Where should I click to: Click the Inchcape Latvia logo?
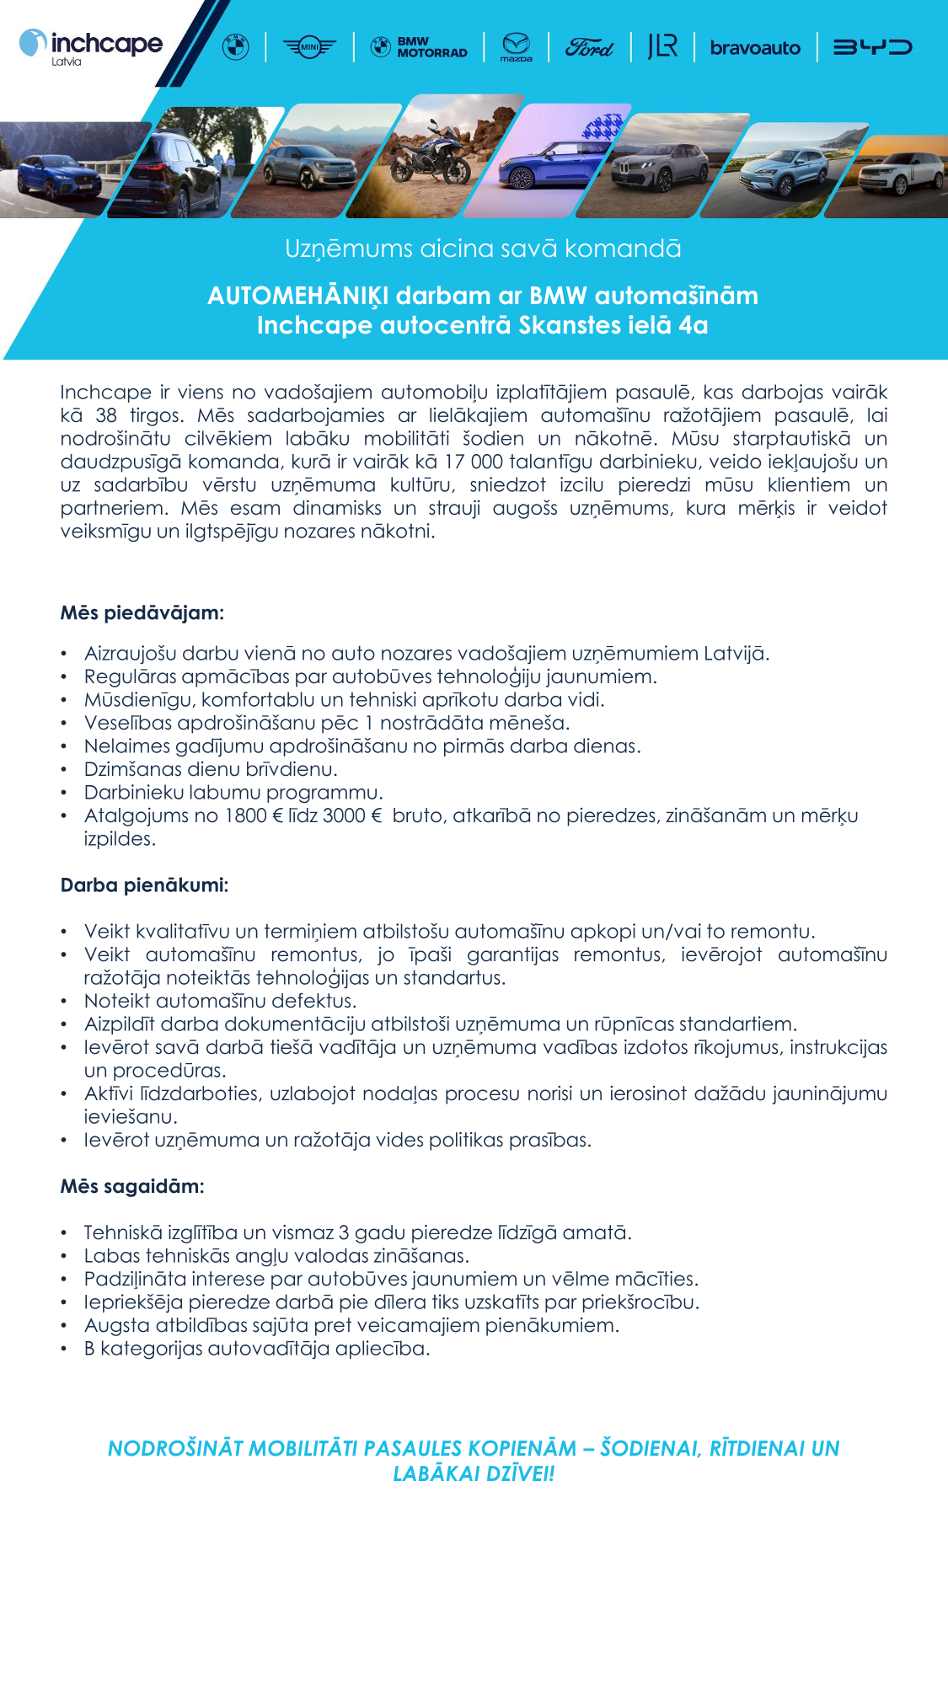click(91, 46)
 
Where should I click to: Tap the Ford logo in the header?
click(589, 48)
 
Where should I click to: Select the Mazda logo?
click(516, 47)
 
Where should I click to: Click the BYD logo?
click(872, 47)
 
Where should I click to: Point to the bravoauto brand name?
click(755, 48)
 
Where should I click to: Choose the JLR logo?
click(662, 46)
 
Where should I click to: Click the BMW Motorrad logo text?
click(431, 47)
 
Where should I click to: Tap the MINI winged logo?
click(309, 47)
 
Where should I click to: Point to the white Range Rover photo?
click(901, 173)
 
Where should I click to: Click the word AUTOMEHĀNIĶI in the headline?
click(297, 296)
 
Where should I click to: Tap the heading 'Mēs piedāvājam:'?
click(142, 612)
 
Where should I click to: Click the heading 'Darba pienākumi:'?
click(144, 885)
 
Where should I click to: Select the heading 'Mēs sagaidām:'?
click(132, 1186)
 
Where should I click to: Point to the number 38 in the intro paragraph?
click(106, 415)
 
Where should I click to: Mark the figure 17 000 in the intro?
click(474, 462)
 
